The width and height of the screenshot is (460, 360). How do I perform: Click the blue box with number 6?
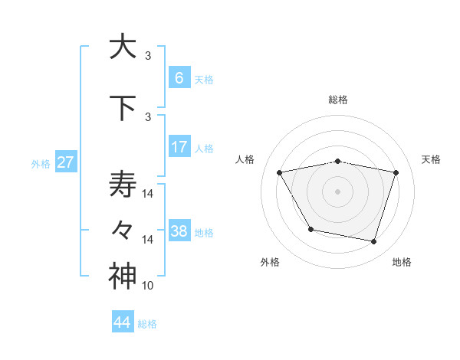coord(179,78)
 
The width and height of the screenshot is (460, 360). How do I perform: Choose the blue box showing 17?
coord(179,147)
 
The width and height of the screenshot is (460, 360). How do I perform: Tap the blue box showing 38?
coord(179,231)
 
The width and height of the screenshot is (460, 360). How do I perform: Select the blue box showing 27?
coord(65,162)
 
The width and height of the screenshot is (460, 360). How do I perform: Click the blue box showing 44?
coord(123,322)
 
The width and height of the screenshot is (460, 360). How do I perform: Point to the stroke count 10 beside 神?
coord(148,286)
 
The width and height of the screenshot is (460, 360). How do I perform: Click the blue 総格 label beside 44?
coord(147,324)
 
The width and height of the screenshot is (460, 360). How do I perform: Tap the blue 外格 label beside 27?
coord(41,163)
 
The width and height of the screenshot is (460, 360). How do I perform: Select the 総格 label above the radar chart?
coord(337,100)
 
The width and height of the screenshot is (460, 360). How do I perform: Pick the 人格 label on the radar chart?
coord(245,159)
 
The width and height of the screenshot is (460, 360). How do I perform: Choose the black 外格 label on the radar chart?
coord(270,262)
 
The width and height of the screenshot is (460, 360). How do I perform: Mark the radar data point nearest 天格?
coord(396,172)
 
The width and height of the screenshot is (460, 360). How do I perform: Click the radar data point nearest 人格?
coord(280,172)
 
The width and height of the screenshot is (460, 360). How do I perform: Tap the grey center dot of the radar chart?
coord(337,191)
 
